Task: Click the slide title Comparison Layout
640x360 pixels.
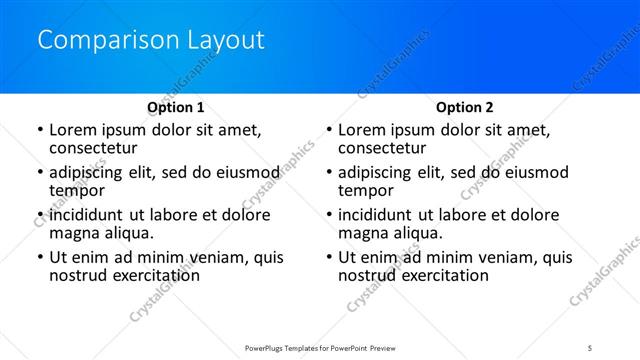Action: tap(150, 41)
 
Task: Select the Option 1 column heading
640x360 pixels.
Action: tap(175, 107)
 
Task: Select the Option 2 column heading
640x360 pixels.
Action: tap(465, 107)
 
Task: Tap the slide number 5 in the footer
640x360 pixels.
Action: tap(590, 347)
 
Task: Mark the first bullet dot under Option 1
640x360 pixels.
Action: tap(39, 131)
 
